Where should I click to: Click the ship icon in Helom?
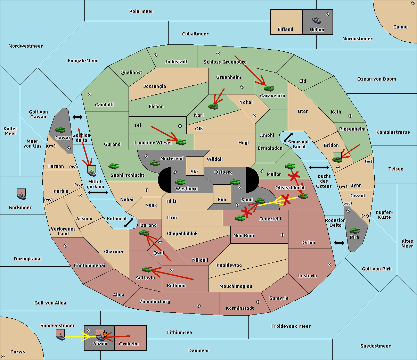coord(317,20)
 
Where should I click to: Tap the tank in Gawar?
coord(60,129)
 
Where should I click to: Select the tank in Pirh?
coord(354,231)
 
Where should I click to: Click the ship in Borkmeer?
coord(21,194)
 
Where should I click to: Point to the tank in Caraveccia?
coord(269,88)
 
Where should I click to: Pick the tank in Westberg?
coord(180,182)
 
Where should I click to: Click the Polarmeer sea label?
coord(141,11)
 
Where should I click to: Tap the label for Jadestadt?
coord(176,62)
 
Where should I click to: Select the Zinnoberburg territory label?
coord(155,302)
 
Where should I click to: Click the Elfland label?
coord(285,30)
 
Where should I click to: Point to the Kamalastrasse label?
coord(393,132)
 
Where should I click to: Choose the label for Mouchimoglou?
coord(236,286)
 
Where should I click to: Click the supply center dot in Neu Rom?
coord(283,235)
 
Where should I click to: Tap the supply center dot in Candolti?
coord(90,94)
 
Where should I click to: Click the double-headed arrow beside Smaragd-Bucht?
coord(288,137)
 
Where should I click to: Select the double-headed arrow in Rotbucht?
coord(129,223)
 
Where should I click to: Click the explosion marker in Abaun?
coord(105,335)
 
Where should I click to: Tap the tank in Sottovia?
coord(147,269)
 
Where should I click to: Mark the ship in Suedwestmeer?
coord(60,335)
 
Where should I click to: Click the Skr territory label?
coord(195,172)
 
